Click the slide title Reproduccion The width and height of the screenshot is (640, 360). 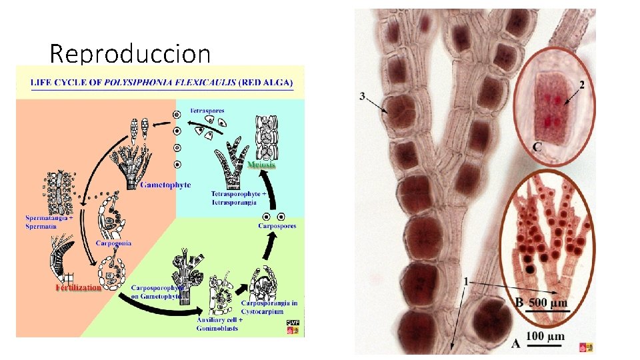(x=130, y=53)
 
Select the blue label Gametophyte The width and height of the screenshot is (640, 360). (x=165, y=185)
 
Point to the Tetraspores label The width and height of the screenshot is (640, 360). (x=207, y=110)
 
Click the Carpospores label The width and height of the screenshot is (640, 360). (x=277, y=226)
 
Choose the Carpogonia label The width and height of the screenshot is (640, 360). (x=113, y=243)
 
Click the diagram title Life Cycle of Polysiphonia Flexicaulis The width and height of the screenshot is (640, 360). (x=160, y=82)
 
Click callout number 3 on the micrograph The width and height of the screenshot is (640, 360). (x=362, y=96)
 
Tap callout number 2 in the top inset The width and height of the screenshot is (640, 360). (x=582, y=85)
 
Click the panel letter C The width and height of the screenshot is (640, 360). (x=537, y=146)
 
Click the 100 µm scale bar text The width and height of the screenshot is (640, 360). (x=545, y=337)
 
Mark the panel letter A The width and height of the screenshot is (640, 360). (x=515, y=343)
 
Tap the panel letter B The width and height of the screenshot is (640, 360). (x=519, y=303)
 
